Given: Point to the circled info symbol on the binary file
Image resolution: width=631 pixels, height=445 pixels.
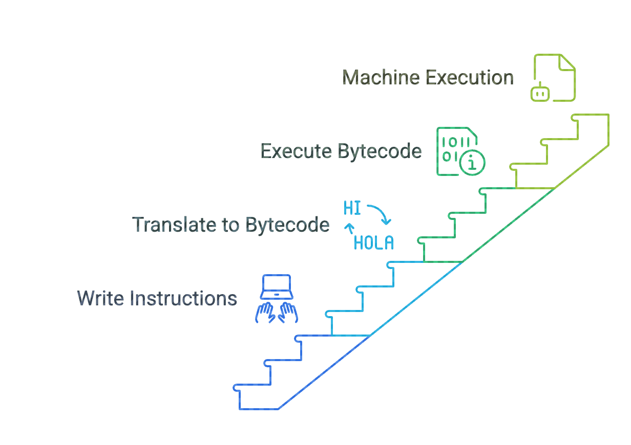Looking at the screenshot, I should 472,164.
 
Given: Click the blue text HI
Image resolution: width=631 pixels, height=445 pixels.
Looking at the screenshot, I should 352,209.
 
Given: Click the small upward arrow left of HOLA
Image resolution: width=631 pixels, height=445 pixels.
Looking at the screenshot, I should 349,228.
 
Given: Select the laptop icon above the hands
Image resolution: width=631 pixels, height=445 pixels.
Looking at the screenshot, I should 277,287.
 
